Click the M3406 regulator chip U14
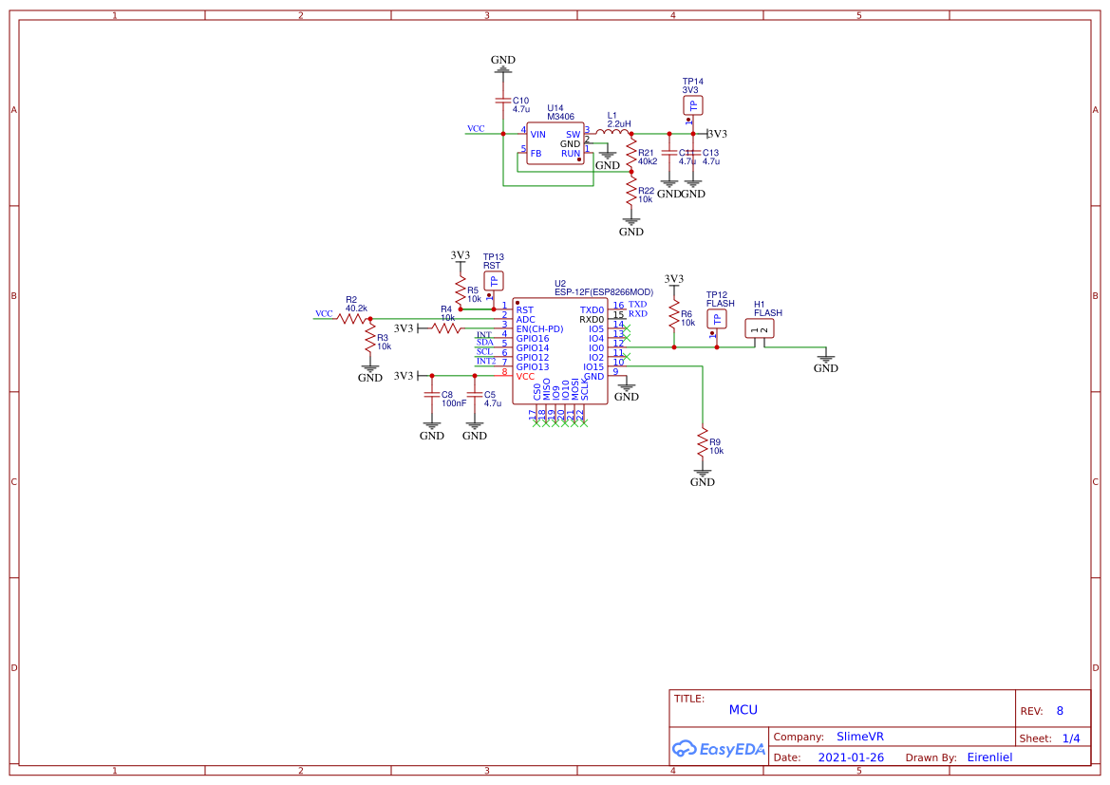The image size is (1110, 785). point(555,144)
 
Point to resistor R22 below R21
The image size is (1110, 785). point(630,193)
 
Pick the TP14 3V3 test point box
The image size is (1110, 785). point(692,105)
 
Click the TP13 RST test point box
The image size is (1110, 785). point(493,281)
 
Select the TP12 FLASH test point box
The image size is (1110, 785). point(719,319)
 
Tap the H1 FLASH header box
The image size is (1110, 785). point(760,329)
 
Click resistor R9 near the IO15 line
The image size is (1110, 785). point(703,443)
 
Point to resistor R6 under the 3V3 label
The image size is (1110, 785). point(674,314)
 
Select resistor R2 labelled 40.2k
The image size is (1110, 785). point(354,319)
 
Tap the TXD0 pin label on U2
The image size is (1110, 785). point(592,310)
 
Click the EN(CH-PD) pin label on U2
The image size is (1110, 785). point(539,329)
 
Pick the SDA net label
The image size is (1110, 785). point(484,342)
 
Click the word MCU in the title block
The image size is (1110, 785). point(743,709)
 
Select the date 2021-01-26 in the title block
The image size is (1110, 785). point(851,757)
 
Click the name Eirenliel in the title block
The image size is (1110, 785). point(989,757)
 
